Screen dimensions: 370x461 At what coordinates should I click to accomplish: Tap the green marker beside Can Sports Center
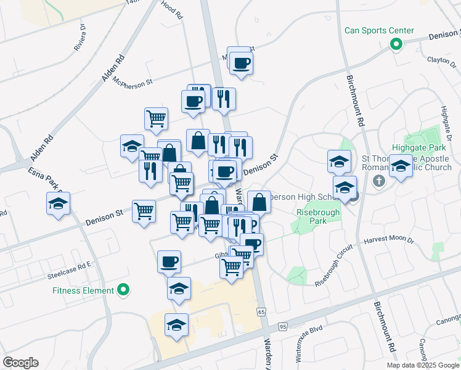(x=396, y=44)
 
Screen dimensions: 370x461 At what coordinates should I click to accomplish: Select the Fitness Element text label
(x=83, y=290)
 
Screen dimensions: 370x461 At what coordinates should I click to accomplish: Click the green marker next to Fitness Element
(x=123, y=289)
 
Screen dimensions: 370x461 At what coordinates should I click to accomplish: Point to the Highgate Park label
(x=417, y=148)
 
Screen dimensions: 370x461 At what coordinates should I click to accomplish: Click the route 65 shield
(x=261, y=312)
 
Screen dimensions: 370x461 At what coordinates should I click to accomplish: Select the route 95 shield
(x=282, y=326)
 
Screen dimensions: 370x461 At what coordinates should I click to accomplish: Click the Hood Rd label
(x=173, y=10)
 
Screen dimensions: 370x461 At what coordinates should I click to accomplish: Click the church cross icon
(x=379, y=181)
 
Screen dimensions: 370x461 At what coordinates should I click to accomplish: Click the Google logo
(x=20, y=363)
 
